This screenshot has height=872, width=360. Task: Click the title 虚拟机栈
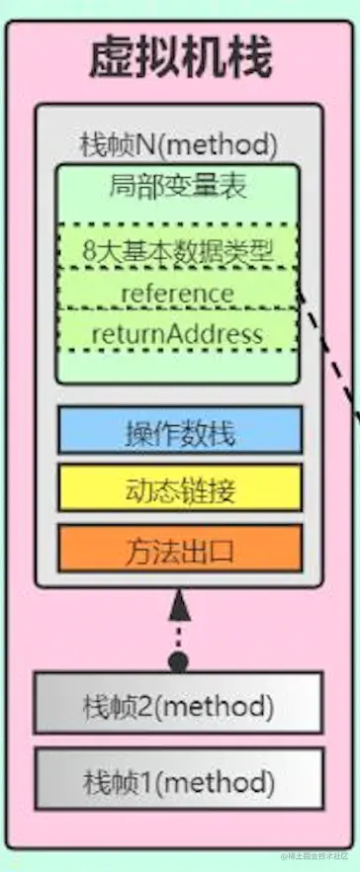[x=179, y=58]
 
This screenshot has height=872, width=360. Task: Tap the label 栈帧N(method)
[x=178, y=144]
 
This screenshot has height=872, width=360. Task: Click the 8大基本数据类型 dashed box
[x=177, y=251]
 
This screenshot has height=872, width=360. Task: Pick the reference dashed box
[x=177, y=293]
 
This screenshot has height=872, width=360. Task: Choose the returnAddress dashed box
[x=177, y=333]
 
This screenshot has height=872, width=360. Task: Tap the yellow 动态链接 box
[x=179, y=489]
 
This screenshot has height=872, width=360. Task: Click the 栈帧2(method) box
[x=178, y=706]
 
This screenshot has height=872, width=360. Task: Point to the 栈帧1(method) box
[x=178, y=777]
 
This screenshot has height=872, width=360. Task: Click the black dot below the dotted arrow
[x=178, y=661]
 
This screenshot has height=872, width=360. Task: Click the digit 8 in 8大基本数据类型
[x=90, y=251]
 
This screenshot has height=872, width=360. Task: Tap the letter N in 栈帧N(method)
[x=137, y=144]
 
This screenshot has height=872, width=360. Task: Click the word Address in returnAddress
[x=219, y=333]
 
